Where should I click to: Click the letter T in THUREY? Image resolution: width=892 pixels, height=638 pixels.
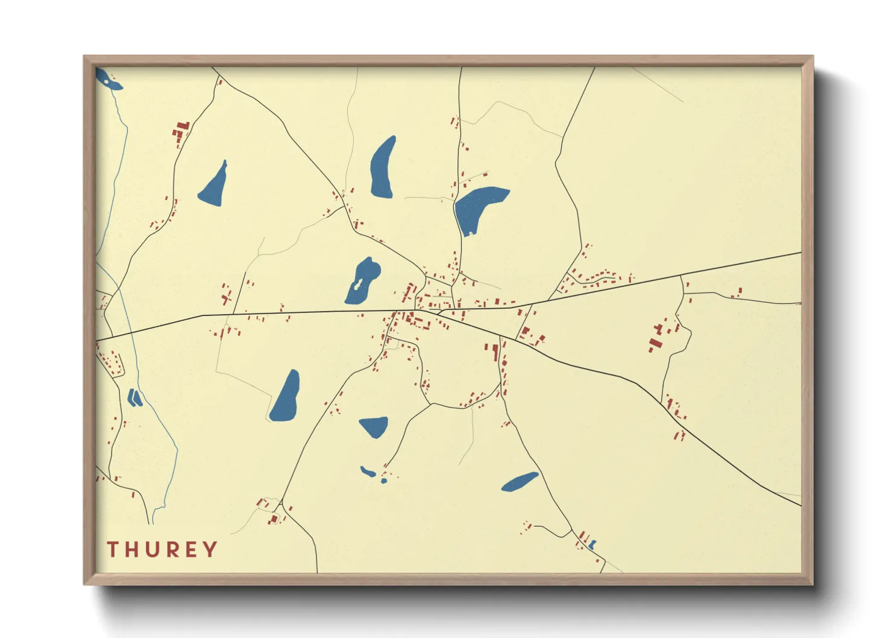(x=112, y=549)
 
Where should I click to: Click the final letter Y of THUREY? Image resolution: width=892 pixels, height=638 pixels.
(x=210, y=549)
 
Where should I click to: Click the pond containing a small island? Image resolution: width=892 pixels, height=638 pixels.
(x=363, y=280)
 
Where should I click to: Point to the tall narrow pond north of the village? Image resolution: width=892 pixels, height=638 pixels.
(x=383, y=168)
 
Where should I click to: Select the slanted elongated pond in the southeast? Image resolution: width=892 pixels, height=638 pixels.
(x=520, y=481)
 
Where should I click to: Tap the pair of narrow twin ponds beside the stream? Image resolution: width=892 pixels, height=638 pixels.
(x=134, y=397)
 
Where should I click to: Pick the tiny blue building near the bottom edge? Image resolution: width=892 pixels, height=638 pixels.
(x=592, y=545)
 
